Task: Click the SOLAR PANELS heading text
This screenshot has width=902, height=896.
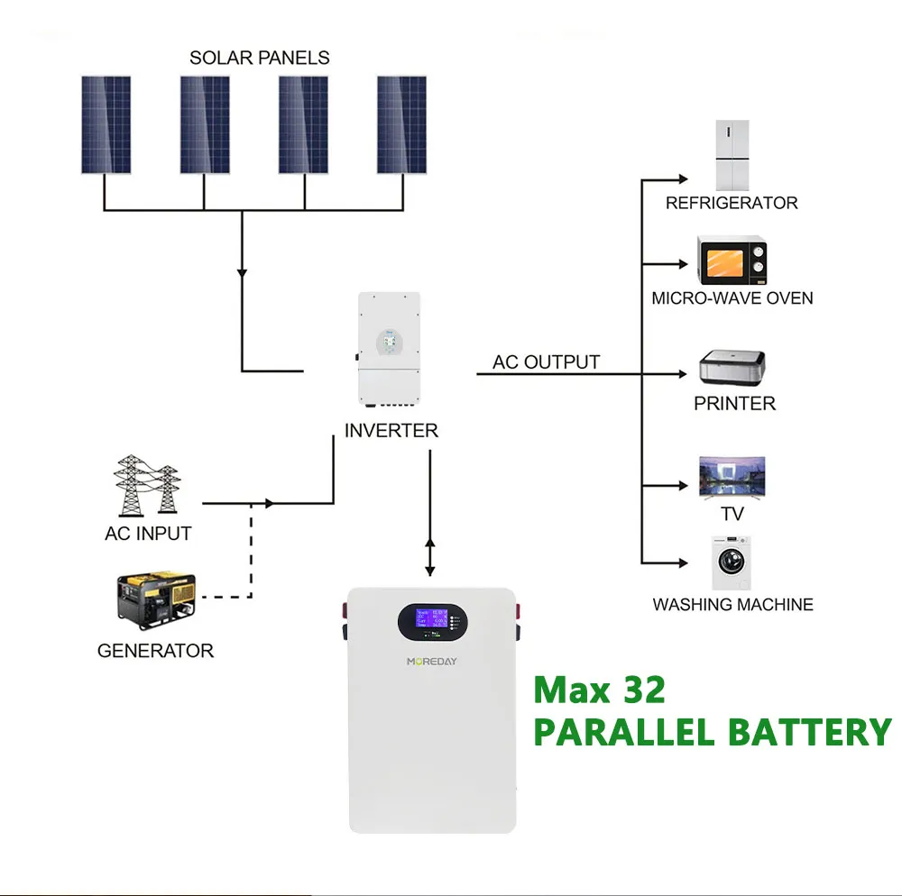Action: pos(259,58)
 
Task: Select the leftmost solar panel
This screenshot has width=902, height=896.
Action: pos(106,124)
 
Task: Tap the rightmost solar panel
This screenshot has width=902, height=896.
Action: pos(401,124)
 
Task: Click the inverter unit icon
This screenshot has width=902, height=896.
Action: pos(390,350)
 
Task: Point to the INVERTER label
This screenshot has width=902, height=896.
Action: pos(391,431)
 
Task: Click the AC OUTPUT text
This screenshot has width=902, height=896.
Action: pos(546,362)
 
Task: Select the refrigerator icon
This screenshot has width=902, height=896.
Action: pos(732,155)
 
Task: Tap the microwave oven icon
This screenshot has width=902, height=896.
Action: pos(732,261)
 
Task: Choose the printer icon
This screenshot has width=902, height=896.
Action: pos(732,368)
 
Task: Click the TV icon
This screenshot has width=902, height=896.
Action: pos(732,478)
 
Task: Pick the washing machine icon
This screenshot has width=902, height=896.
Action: pos(730,563)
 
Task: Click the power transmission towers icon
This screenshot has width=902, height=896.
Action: pos(147,485)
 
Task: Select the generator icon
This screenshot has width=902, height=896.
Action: pos(156,599)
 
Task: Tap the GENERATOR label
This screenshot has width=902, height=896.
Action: pos(155,650)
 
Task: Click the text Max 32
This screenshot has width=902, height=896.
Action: pos(599,690)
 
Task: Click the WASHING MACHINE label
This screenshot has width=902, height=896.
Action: pos(732,604)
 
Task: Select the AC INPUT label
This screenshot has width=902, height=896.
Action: pos(148,533)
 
